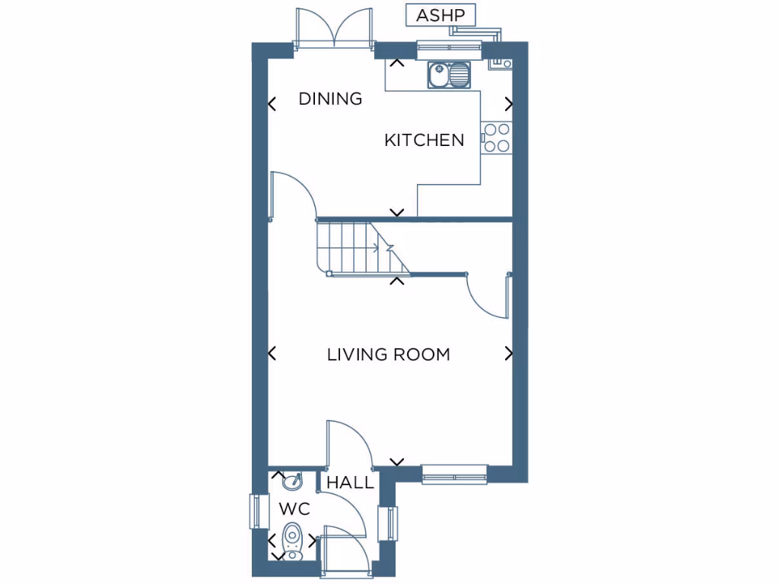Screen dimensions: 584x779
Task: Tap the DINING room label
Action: click(330, 99)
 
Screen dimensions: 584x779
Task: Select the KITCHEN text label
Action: click(424, 140)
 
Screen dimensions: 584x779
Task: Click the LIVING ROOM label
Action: click(388, 354)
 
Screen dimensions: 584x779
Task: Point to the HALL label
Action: click(350, 483)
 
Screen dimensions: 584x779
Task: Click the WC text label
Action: click(294, 508)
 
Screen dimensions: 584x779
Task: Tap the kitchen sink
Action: click(449, 75)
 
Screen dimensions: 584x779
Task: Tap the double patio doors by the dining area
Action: click(334, 30)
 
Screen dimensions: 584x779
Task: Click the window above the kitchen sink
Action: click(450, 50)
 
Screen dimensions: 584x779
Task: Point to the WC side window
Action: click(257, 511)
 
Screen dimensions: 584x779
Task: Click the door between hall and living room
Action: click(346, 445)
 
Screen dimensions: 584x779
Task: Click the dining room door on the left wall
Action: click(293, 195)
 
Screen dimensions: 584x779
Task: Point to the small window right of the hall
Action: click(391, 523)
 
